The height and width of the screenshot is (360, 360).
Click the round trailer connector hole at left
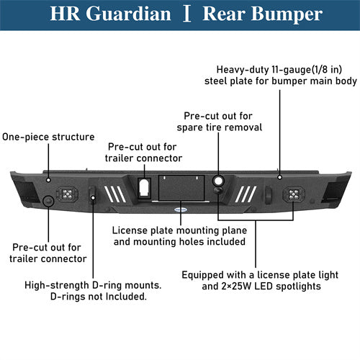tap(48, 202)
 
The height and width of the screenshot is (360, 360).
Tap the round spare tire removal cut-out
tap(219, 181)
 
